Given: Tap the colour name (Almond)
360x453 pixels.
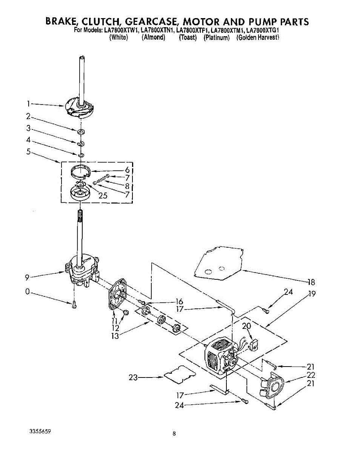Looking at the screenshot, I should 154,37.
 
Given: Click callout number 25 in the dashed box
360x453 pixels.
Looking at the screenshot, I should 103,196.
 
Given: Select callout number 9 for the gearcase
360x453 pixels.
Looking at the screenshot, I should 27,278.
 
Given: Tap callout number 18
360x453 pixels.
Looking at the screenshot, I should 311,282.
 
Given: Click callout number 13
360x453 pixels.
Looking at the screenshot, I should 115,336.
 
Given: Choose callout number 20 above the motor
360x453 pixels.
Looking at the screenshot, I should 246,326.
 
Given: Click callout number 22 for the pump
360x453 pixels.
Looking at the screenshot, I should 311,375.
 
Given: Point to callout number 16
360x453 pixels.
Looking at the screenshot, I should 179,301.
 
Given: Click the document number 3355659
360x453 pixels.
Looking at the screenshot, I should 40,431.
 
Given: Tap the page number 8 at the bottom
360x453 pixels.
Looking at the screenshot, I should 174,434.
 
